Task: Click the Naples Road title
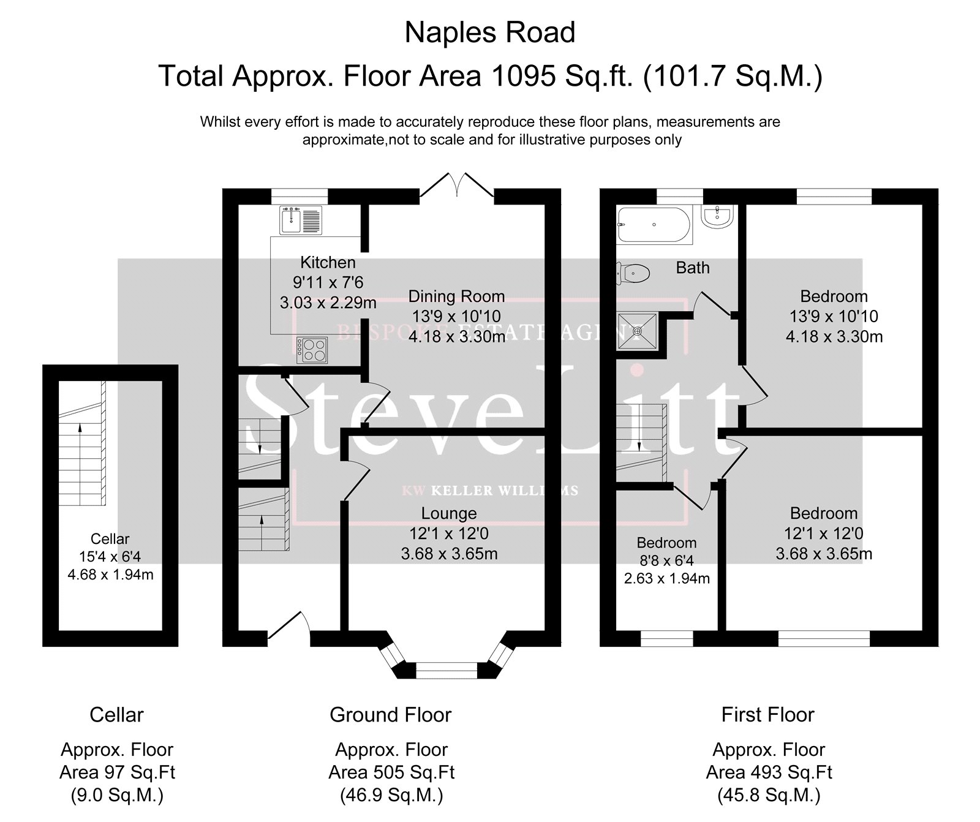point(490,32)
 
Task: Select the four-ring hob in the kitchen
point(312,350)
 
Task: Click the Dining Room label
point(457,296)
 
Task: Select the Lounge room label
point(449,513)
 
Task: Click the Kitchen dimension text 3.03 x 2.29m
point(328,303)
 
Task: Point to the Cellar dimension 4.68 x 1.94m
point(110,575)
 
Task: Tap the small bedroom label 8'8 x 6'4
point(666,560)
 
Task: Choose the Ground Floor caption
point(391,715)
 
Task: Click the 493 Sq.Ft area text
point(769,772)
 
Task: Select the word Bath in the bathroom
point(693,268)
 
